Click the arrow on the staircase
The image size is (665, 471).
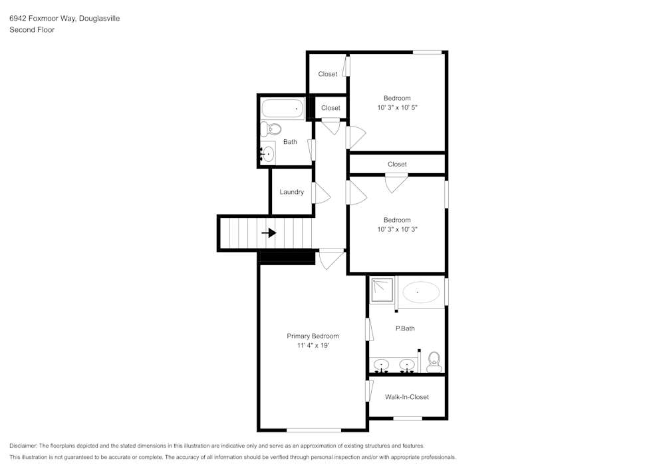tap(269, 233)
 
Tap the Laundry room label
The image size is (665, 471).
tap(291, 192)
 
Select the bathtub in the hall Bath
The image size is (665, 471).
tap(282, 109)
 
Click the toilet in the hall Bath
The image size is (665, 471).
tap(271, 129)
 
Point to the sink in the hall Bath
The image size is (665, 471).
tap(267, 154)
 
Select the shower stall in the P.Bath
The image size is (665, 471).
tap(382, 290)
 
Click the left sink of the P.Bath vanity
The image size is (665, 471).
tap(381, 365)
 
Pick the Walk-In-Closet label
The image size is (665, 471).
tap(407, 397)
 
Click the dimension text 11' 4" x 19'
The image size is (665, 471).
tap(313, 346)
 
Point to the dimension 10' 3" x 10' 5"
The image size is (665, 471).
tap(397, 107)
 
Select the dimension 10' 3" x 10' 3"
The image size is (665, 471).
tap(397, 229)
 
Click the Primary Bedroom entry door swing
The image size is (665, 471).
tap(331, 259)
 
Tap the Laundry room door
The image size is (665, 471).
tap(321, 193)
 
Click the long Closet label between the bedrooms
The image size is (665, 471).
tap(397, 164)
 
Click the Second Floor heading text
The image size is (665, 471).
tap(32, 30)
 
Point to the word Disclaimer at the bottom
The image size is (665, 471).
tap(23, 446)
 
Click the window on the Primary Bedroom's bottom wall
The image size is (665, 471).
tap(314, 430)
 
